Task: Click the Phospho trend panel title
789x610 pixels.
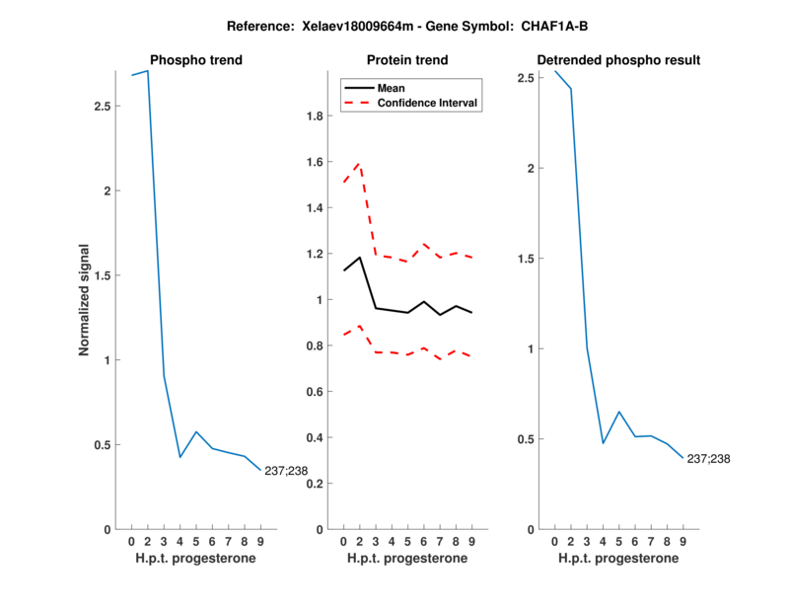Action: [195, 60]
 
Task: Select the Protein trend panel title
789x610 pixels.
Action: [407, 60]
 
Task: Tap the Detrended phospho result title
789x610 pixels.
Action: [618, 60]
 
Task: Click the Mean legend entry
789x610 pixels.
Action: [392, 88]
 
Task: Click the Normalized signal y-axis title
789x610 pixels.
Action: [86, 299]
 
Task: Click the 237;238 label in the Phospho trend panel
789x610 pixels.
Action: [286, 470]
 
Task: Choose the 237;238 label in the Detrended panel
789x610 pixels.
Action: [708, 459]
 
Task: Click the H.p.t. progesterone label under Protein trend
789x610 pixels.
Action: [407, 558]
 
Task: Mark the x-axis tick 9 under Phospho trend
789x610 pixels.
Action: [260, 541]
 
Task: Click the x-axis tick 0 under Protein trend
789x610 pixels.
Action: [343, 541]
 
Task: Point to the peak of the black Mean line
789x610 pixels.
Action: [360, 258]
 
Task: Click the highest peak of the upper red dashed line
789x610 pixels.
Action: [360, 164]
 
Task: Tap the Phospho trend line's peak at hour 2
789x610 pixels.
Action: [148, 71]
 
